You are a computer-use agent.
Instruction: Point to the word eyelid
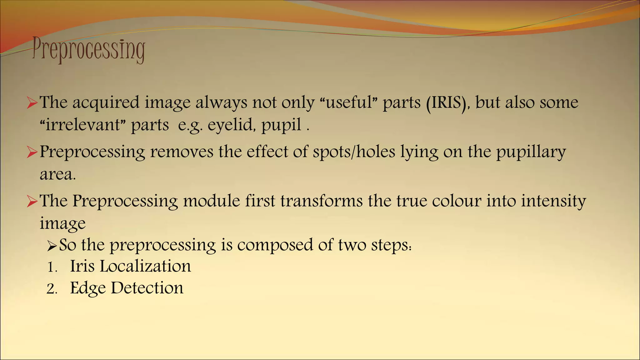234,125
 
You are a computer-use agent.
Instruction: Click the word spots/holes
354,152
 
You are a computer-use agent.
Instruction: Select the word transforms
322,201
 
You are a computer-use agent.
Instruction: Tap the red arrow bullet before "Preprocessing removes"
32,152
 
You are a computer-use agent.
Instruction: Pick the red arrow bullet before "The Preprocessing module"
32,201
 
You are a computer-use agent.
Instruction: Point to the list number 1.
52,268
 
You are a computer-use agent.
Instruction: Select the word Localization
145,266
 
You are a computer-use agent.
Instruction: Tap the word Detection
147,288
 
